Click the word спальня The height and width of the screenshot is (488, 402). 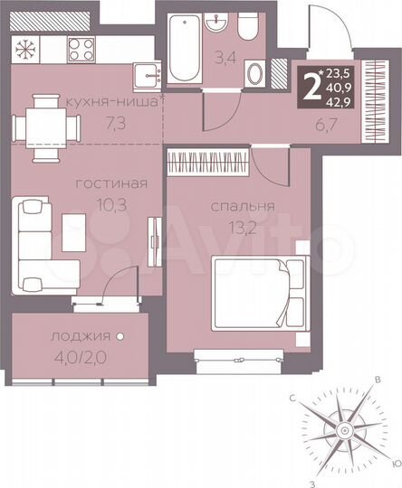[237, 206]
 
